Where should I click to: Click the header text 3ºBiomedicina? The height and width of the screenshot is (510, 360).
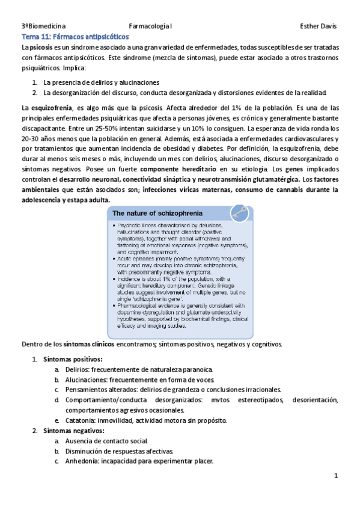pos(43,26)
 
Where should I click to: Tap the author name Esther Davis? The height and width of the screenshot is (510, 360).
pos(318,26)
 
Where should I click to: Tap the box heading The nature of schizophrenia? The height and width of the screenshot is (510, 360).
pos(157,214)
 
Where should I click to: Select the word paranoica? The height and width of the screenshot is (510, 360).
pos(195,369)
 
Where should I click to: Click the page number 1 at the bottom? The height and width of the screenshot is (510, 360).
pos(337,477)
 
